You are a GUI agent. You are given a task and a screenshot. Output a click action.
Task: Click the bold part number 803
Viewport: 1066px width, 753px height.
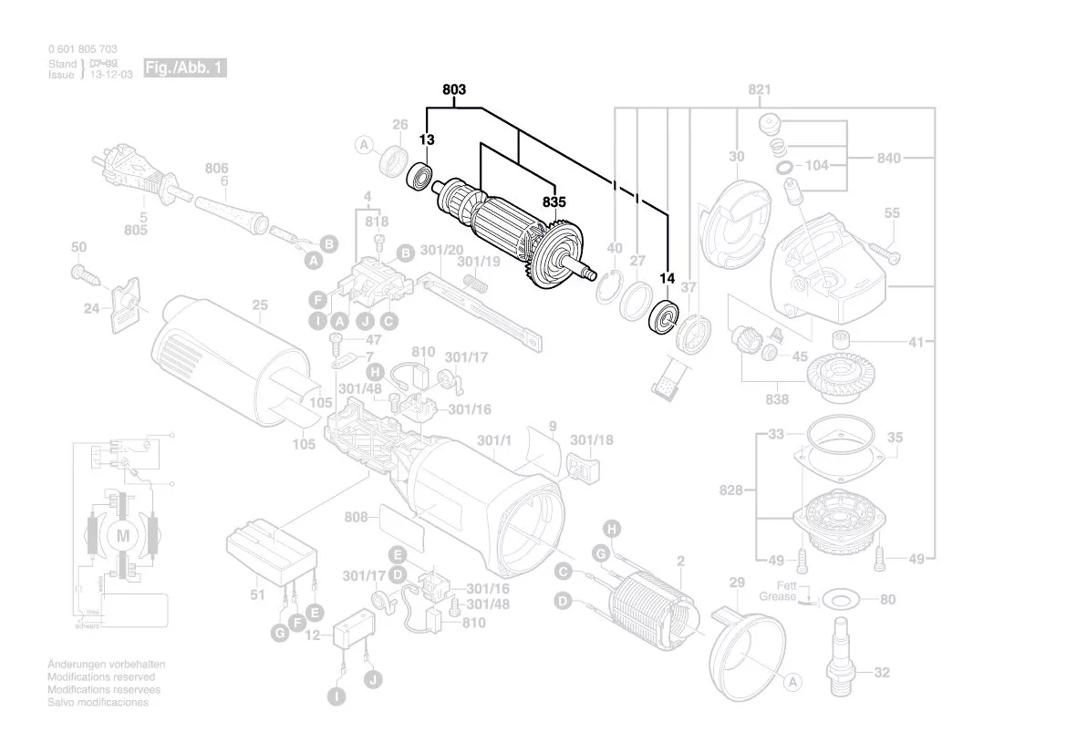pyautogui.click(x=454, y=89)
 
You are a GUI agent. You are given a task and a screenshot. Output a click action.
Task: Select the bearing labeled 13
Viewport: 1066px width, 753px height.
pyautogui.click(x=421, y=175)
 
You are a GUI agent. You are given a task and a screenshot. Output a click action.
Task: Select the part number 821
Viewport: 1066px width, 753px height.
pyautogui.click(x=760, y=89)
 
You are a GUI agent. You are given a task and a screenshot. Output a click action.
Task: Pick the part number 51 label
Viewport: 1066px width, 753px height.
pyautogui.click(x=258, y=595)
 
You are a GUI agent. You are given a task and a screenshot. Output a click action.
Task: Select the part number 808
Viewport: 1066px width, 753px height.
pyautogui.click(x=357, y=518)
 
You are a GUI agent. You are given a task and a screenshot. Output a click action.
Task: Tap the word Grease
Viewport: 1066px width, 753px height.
pyautogui.click(x=776, y=596)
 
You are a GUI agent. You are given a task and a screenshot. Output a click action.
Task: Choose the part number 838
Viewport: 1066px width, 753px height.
pyautogui.click(x=777, y=398)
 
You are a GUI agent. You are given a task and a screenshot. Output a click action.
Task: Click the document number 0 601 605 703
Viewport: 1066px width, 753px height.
pyautogui.click(x=82, y=48)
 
